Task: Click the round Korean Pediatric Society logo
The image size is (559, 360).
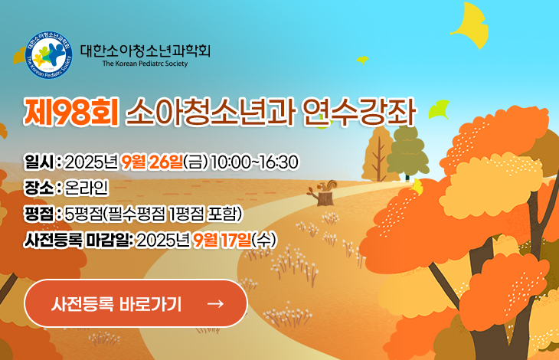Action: click(49, 55)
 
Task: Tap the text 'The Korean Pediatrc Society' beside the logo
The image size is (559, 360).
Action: click(145, 64)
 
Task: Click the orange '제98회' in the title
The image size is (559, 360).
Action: click(71, 113)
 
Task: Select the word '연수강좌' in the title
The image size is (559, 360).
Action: click(359, 113)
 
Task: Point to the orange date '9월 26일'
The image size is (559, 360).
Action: click(152, 162)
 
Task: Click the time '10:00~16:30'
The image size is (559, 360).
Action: click(254, 162)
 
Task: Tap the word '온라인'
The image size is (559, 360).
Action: click(87, 188)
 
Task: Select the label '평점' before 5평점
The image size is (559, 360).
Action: click(39, 214)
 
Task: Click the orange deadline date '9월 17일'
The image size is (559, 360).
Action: click(222, 241)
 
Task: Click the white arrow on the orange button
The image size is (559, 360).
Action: click(216, 303)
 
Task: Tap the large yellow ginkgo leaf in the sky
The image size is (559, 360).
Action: click(470, 26)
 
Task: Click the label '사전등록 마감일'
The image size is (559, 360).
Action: click(77, 241)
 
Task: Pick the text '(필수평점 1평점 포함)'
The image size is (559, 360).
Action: click(173, 214)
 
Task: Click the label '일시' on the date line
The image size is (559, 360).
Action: click(39, 162)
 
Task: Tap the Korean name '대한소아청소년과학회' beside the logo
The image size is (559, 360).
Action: click(145, 51)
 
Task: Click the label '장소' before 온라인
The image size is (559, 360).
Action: click(39, 188)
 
